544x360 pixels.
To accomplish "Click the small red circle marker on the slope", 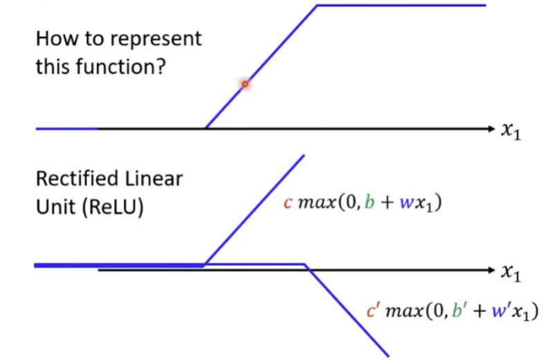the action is [245, 84].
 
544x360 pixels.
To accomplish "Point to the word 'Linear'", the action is [154, 179].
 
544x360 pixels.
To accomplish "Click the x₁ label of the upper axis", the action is [511, 131].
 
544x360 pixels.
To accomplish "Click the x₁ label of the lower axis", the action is [511, 272].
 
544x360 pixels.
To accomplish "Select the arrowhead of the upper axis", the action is [491, 129].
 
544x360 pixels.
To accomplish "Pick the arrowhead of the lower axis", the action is [491, 270].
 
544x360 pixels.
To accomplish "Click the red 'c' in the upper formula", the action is [288, 203].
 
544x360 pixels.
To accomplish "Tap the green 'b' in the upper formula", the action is [370, 201].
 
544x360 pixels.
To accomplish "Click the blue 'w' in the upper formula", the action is [406, 203].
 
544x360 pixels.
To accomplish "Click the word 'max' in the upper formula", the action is [317, 203].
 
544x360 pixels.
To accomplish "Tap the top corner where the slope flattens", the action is [317, 6].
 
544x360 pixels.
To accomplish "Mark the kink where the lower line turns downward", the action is [305, 265].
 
